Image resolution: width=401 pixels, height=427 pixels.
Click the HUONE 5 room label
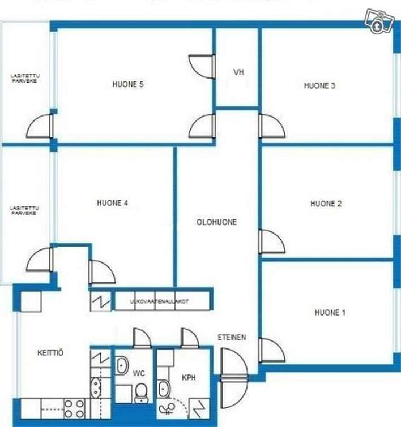128,84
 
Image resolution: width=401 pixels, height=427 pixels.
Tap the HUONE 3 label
319,86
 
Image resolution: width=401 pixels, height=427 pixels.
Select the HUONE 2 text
326,204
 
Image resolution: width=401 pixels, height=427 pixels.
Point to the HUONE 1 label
330,312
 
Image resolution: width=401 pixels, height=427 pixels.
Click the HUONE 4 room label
112,203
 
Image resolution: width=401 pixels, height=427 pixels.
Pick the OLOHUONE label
216,222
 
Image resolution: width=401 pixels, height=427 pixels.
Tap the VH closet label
238,72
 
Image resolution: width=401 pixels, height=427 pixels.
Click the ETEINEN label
232,338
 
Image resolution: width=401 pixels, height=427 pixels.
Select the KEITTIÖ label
50,352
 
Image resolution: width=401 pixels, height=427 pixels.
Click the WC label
139,373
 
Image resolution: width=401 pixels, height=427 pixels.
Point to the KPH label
189,378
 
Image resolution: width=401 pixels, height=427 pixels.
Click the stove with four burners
74,408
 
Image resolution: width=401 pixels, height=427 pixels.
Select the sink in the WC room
122,366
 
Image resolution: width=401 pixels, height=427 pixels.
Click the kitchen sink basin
96,387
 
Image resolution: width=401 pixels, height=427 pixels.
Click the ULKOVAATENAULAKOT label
159,301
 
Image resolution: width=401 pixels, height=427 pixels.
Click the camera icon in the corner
379,21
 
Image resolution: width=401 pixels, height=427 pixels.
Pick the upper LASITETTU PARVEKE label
25,79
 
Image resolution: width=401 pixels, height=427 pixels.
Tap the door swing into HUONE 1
272,350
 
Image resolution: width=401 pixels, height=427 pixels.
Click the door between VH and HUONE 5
201,67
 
